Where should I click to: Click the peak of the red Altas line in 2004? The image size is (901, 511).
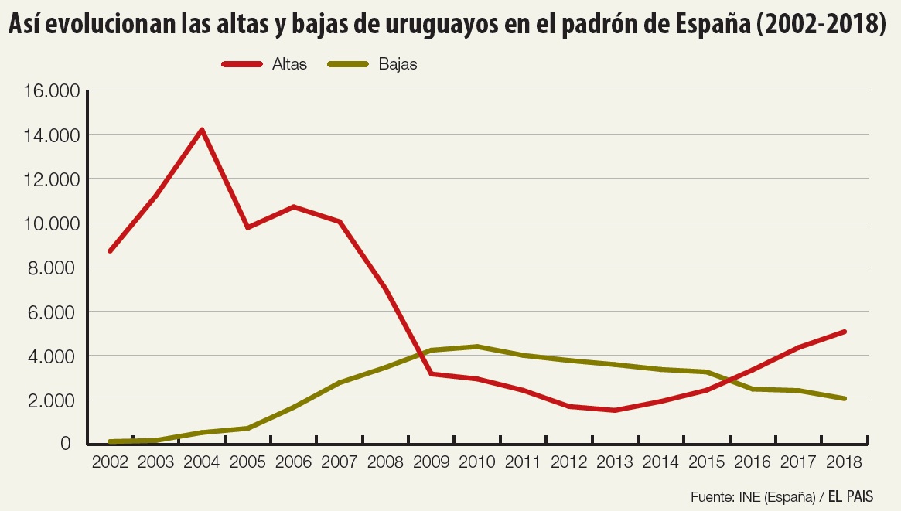pos(202,130)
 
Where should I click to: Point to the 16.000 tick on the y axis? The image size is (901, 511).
pos(52,91)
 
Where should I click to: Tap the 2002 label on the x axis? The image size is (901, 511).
pos(111,462)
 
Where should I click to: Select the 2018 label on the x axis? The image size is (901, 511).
pos(844,462)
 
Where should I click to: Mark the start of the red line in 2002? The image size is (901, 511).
pos(111,250)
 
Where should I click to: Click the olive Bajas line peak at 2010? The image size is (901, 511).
pos(477,346)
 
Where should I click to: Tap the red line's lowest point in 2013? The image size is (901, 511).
pos(615,410)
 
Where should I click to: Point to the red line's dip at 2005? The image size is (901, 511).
pos(247,227)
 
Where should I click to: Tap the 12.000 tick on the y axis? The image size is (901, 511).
pos(52,180)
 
